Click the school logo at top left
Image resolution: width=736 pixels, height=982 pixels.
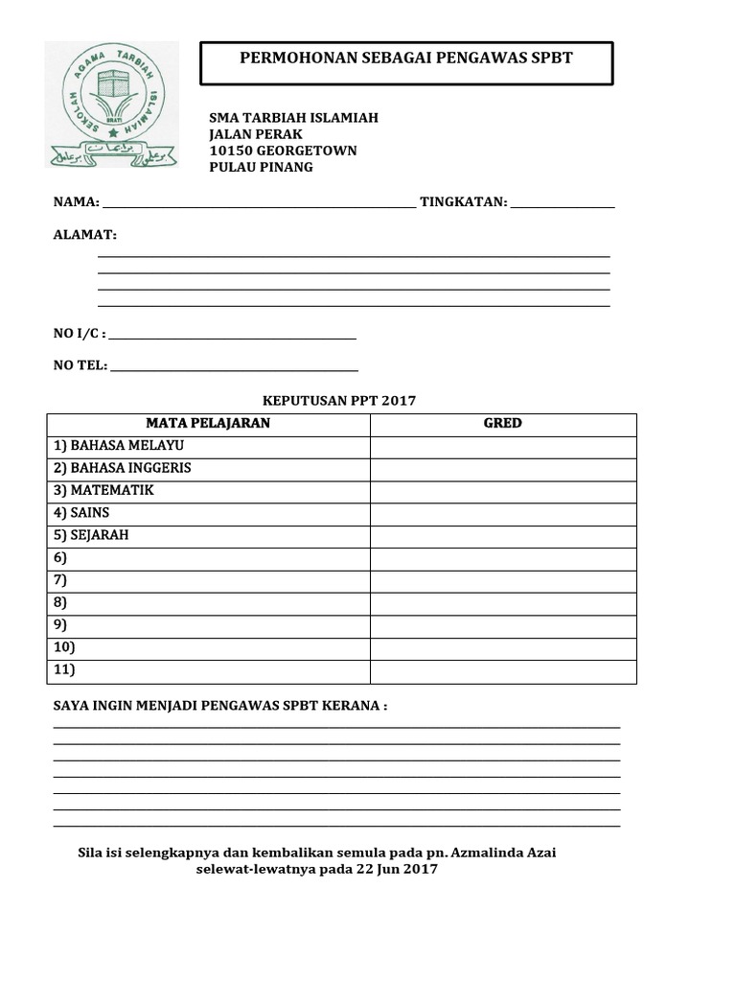(x=112, y=104)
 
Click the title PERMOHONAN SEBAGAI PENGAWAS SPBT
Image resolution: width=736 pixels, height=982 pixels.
(x=405, y=58)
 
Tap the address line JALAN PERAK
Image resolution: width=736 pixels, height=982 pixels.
(x=256, y=134)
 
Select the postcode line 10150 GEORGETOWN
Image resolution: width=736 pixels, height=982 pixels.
(x=283, y=151)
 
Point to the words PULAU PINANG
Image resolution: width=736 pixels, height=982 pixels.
(x=261, y=167)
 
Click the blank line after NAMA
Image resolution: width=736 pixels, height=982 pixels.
(x=259, y=203)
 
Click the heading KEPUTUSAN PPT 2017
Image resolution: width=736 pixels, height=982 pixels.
(x=339, y=401)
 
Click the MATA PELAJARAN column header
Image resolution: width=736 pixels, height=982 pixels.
(x=208, y=424)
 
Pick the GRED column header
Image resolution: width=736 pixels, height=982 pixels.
(x=502, y=424)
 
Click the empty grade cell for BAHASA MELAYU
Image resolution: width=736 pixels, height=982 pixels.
(x=502, y=447)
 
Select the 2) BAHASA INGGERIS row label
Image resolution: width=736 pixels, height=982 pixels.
(x=123, y=468)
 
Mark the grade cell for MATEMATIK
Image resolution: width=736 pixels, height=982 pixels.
(x=502, y=491)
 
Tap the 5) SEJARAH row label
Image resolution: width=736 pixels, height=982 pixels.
(x=91, y=535)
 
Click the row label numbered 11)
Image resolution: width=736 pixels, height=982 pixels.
(x=64, y=670)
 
